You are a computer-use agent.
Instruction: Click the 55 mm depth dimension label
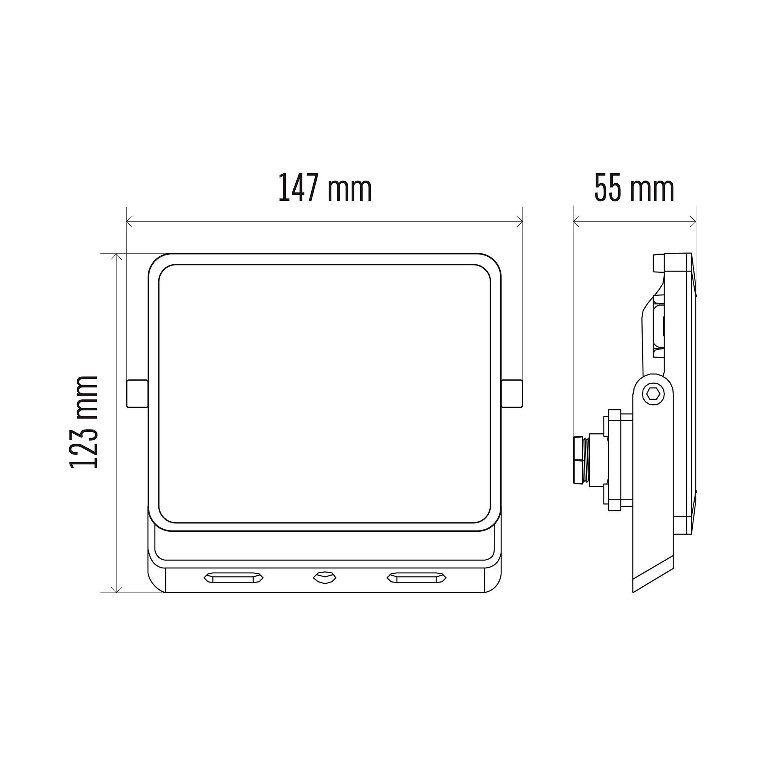(x=634, y=189)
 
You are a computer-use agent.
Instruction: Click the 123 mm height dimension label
(x=83, y=423)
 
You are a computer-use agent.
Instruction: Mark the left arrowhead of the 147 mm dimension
(x=129, y=222)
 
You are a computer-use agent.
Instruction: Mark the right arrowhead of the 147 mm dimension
(x=520, y=222)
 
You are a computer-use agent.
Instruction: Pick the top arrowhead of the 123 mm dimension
(x=116, y=257)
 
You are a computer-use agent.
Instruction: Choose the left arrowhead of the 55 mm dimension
(x=576, y=222)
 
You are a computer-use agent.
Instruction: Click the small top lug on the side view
(x=658, y=263)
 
